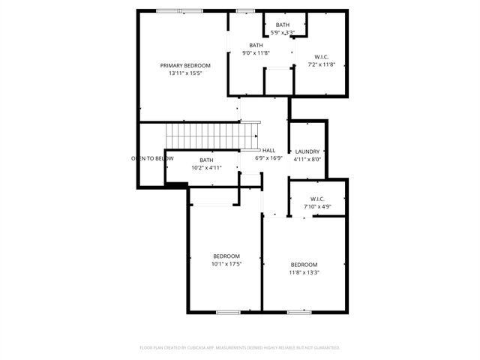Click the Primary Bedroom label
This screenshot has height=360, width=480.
(185, 65)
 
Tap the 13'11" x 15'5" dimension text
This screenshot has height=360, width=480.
(185, 73)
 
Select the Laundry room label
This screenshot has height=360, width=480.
(307, 151)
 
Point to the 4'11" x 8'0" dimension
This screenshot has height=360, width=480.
(307, 159)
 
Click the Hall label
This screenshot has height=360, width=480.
(268, 150)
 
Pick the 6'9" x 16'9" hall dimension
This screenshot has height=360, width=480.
(268, 158)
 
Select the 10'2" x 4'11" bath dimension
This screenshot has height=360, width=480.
(206, 168)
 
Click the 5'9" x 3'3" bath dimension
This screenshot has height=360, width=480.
(282, 32)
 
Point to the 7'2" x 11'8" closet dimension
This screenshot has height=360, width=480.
(321, 64)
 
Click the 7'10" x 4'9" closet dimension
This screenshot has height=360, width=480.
(316, 206)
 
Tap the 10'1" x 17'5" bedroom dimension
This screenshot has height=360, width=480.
(226, 264)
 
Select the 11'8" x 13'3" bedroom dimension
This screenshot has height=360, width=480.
(304, 272)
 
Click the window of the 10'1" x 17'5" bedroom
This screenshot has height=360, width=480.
(228, 311)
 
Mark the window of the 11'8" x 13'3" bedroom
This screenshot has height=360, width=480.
(299, 311)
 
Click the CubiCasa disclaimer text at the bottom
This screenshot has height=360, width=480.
(240, 348)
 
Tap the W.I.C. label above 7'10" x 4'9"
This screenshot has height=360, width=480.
(316, 198)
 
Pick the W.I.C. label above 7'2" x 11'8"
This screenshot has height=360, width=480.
(321, 56)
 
